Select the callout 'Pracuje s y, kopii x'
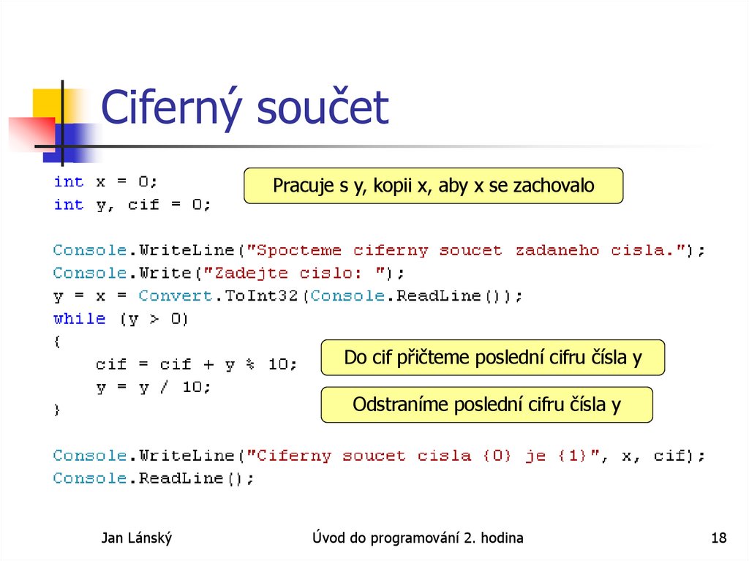[x=433, y=186]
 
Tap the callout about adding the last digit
[x=492, y=358]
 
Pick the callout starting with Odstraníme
[x=486, y=404]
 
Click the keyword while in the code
[x=79, y=319]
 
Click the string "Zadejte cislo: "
[x=296, y=273]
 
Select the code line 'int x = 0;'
[x=105, y=181]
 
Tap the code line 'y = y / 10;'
[x=154, y=388]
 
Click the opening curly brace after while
[x=58, y=342]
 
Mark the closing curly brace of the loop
[x=58, y=410]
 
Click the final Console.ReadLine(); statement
[x=154, y=478]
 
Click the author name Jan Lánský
[x=136, y=539]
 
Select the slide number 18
[x=718, y=539]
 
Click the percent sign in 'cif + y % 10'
[x=251, y=364]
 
